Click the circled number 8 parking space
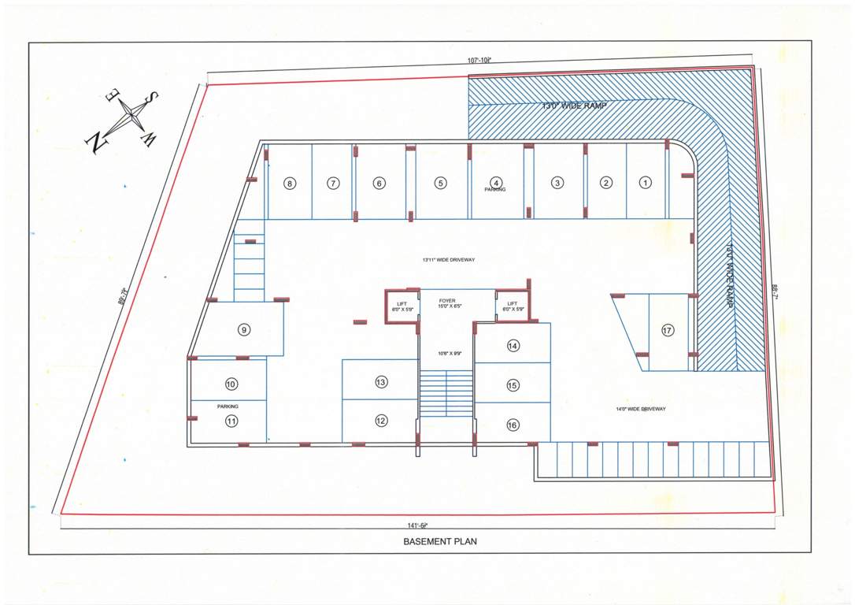(290, 184)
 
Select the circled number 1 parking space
(646, 183)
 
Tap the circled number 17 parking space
(668, 331)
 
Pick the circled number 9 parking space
(244, 330)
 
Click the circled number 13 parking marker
(381, 382)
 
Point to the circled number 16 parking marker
(513, 425)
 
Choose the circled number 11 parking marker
(231, 421)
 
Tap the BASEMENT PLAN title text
(440, 542)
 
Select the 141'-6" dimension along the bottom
(417, 525)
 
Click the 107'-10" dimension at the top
(479, 60)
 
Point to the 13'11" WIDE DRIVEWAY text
(449, 259)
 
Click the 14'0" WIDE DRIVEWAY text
(641, 409)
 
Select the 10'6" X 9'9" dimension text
(446, 354)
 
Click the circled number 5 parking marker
(440, 184)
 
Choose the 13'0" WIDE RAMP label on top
(574, 106)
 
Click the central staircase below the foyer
(446, 394)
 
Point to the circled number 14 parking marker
(513, 346)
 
